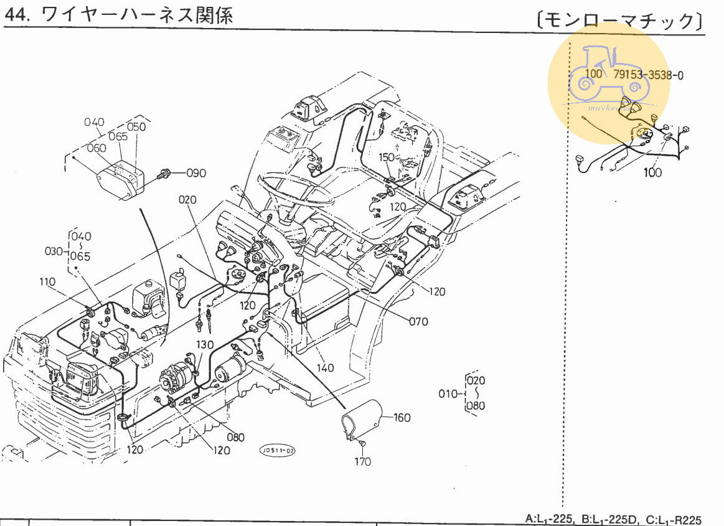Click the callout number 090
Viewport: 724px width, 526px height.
(195, 173)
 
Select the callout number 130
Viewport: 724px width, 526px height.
(205, 345)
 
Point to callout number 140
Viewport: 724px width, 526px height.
(325, 368)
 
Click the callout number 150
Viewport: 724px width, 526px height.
(387, 157)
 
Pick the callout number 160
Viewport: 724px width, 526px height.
(402, 417)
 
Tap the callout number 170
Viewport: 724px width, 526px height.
(362, 461)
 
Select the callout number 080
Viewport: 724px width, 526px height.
(236, 437)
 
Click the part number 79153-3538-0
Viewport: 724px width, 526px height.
(649, 75)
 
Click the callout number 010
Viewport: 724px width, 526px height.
(448, 393)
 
